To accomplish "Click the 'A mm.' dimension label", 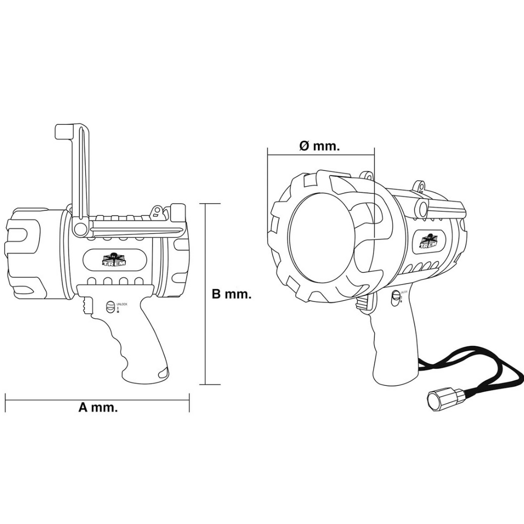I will click(x=98, y=408).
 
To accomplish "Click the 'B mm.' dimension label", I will click(x=231, y=294).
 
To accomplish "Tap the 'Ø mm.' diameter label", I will click(x=319, y=146).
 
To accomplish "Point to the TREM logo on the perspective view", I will click(x=429, y=241).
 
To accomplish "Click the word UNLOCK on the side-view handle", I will click(x=122, y=304).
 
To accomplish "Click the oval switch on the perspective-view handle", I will click(x=395, y=298).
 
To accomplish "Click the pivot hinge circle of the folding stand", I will click(x=79, y=227).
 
